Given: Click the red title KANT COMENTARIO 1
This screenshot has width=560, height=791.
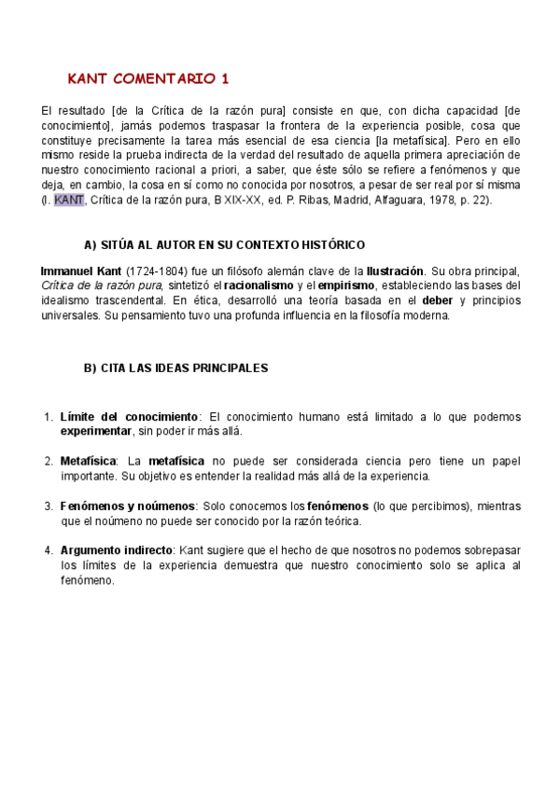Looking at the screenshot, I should (148, 77).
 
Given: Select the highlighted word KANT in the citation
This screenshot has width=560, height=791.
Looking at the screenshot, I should (69, 200).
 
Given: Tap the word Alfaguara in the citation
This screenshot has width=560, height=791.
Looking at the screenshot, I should (399, 200).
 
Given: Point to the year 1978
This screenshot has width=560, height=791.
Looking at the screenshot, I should (443, 200).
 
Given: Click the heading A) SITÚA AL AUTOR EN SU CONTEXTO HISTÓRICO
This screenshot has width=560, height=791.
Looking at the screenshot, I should (224, 245).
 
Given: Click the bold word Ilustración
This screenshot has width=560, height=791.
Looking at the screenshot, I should (395, 271).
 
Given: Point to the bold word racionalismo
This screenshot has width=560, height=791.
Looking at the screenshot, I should (258, 285).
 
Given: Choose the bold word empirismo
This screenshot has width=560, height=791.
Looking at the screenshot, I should (346, 285).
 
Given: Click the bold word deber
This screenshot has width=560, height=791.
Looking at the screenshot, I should (437, 300).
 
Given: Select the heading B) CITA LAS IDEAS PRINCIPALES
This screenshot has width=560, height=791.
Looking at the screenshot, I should (175, 368).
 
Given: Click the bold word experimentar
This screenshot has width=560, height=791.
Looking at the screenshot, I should (96, 431).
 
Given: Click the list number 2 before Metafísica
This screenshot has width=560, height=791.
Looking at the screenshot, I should (48, 461).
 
